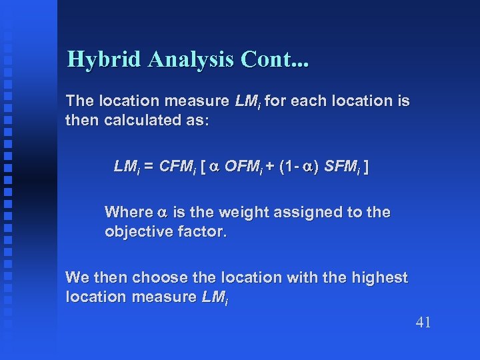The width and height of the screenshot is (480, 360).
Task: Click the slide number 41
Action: click(423, 323)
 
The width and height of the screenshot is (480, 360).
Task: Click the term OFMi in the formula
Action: click(245, 167)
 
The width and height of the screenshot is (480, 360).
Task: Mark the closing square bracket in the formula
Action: click(367, 167)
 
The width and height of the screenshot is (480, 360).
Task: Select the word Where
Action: click(128, 212)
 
